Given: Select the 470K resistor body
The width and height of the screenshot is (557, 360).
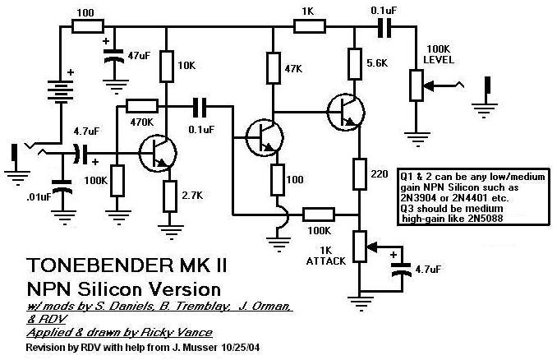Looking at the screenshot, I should [143, 105].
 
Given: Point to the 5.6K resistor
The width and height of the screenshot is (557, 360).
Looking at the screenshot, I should [355, 62].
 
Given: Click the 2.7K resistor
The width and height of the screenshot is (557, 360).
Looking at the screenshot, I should [169, 195].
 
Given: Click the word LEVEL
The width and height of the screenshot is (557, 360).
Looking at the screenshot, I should [438, 61].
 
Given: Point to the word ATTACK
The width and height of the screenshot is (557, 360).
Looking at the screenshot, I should [325, 261].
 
